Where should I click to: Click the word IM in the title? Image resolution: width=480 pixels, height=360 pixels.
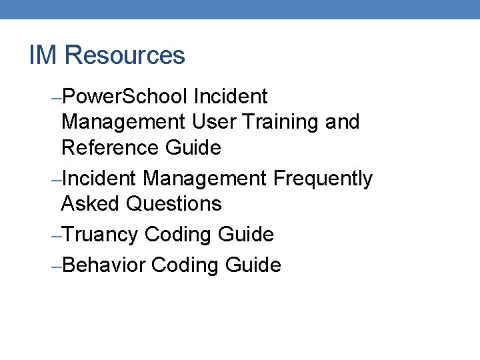tap(43, 55)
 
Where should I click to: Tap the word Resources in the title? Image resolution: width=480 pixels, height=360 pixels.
tap(125, 55)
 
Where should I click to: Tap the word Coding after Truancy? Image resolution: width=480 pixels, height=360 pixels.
tap(179, 235)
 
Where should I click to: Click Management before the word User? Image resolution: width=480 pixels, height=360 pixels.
tap(123, 122)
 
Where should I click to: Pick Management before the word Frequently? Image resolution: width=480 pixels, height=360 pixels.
tap(205, 179)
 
